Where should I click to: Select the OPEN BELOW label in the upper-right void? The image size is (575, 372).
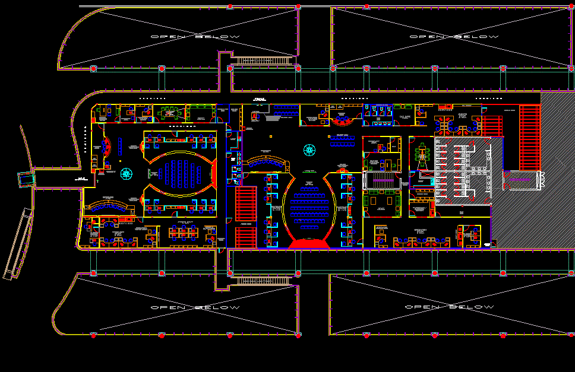[454, 37]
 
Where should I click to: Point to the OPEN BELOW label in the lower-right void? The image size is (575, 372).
[449, 307]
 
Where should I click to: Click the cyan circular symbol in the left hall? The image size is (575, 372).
[127, 173]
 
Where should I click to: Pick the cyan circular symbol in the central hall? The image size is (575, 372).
[309, 150]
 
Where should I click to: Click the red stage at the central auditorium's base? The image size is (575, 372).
[308, 243]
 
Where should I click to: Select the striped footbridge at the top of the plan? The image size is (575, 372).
[263, 60]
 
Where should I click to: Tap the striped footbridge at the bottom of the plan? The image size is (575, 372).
[263, 280]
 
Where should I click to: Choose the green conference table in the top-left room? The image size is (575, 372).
[172, 112]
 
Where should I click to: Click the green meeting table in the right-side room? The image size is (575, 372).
[423, 154]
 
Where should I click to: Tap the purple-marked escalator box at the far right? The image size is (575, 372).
[521, 179]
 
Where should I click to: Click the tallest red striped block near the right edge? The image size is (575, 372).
[529, 137]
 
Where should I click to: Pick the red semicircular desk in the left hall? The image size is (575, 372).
[108, 147]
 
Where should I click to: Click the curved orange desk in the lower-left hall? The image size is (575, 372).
[107, 207]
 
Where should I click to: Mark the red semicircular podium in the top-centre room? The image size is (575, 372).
[342, 122]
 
